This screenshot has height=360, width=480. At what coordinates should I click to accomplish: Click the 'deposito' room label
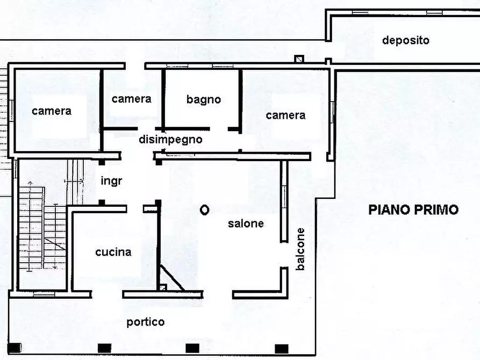click(406, 40)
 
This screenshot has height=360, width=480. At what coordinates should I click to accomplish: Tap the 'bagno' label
click(204, 99)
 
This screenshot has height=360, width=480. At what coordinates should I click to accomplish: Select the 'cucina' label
click(113, 252)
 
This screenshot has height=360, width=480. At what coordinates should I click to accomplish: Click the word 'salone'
click(246, 224)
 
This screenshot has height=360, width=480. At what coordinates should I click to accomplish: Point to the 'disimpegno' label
click(170, 140)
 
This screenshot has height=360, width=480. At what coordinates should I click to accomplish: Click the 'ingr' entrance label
click(111, 181)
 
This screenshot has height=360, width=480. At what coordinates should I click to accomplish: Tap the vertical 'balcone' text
click(301, 249)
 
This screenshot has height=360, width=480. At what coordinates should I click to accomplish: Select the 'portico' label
click(145, 322)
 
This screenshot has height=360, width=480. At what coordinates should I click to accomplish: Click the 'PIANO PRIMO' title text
click(413, 210)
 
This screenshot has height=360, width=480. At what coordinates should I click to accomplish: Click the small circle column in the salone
click(204, 210)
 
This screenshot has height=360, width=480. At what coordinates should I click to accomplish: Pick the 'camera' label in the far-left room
click(52, 111)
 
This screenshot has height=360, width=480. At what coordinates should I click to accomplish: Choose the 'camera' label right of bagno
click(285, 115)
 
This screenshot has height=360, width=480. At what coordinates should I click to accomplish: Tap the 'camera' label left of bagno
click(132, 99)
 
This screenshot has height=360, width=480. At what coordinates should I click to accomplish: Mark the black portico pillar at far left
click(15, 348)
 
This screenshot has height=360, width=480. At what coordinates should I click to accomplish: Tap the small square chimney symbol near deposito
click(299, 59)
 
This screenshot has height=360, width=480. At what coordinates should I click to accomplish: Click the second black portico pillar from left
click(104, 348)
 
